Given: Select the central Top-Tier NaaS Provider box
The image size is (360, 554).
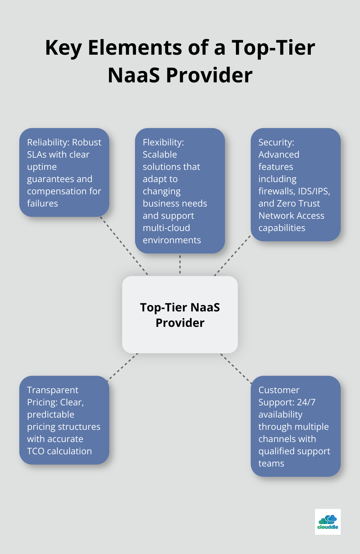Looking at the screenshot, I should [180, 315].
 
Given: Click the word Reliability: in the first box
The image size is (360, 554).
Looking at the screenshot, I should [49, 142].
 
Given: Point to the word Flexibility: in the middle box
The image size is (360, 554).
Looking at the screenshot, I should [163, 142].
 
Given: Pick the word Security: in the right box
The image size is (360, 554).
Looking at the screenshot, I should [276, 142].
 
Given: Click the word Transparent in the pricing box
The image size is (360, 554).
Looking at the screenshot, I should [52, 390].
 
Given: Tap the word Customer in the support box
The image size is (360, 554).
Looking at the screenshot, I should [279, 390].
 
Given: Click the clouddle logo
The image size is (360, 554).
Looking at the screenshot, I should [328, 522].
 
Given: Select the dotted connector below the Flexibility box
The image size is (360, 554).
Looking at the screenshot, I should [180, 264].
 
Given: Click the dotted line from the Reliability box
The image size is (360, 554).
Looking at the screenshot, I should [124, 246].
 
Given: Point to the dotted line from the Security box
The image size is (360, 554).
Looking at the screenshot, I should [232, 255].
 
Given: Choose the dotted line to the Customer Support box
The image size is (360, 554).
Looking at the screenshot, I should [236, 368].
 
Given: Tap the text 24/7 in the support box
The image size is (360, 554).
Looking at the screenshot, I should [306, 402].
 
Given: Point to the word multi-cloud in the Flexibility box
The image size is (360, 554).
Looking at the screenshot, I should [166, 228].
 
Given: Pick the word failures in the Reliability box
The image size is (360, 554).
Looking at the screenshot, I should [42, 203].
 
